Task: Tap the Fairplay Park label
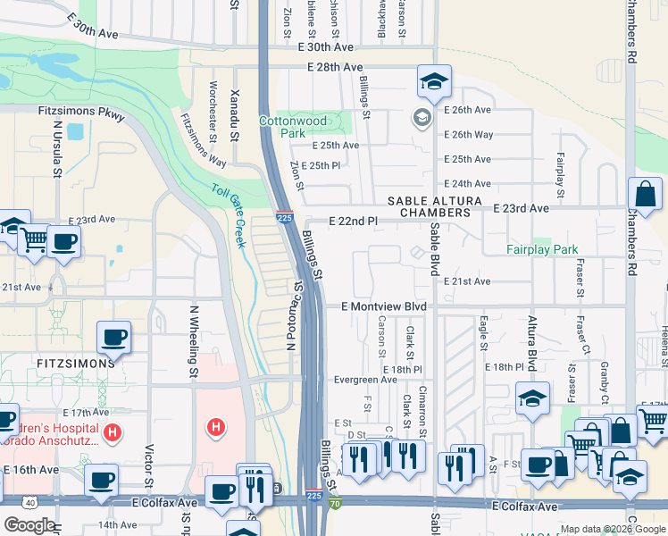(542, 250)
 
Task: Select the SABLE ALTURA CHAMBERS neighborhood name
(434, 207)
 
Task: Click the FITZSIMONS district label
(76, 364)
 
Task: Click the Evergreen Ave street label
(364, 380)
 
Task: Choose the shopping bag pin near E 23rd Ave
(646, 194)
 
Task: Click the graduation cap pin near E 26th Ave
(434, 81)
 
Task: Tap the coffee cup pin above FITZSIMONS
(114, 337)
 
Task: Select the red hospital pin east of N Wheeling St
(214, 428)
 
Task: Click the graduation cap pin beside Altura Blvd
(532, 398)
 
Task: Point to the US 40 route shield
(31, 503)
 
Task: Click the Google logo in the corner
(29, 525)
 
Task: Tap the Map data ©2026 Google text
(613, 530)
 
